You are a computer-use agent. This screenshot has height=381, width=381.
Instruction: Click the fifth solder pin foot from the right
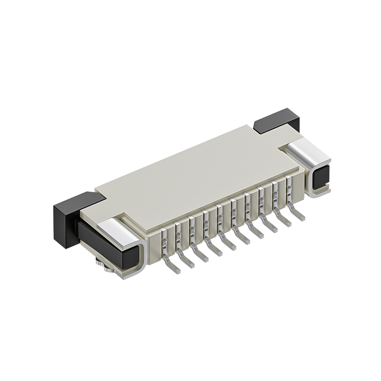242,239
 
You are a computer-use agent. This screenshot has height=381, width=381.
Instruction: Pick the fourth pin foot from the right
256,233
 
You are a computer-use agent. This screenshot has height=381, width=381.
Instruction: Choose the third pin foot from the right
270,228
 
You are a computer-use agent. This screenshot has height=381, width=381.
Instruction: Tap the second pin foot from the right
284,222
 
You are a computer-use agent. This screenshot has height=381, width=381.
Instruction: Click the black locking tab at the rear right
276,119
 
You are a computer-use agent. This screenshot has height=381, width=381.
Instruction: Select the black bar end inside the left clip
107,245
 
